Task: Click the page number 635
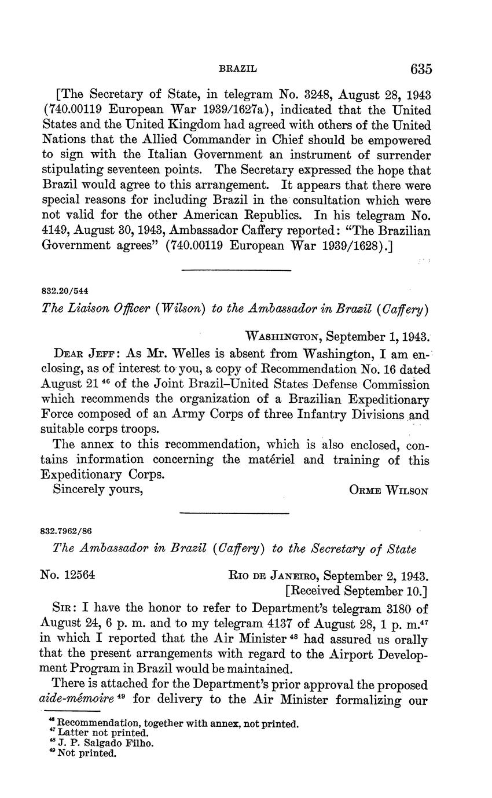click(x=421, y=69)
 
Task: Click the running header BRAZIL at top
click(x=237, y=68)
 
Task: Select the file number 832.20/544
click(x=64, y=290)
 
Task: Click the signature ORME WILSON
click(x=388, y=490)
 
